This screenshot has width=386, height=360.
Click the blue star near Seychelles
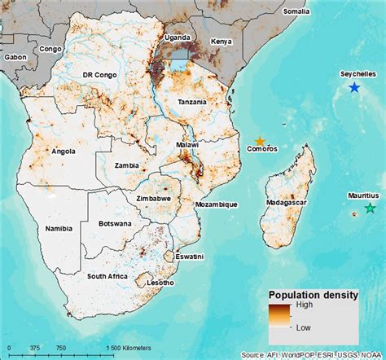click(353, 87)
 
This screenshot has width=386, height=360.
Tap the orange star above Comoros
click(260, 141)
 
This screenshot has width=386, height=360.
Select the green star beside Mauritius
click(371, 209)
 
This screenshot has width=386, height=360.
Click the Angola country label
click(63, 151)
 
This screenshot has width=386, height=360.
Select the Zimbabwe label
click(152, 198)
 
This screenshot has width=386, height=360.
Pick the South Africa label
click(107, 277)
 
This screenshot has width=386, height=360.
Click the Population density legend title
click(314, 296)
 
